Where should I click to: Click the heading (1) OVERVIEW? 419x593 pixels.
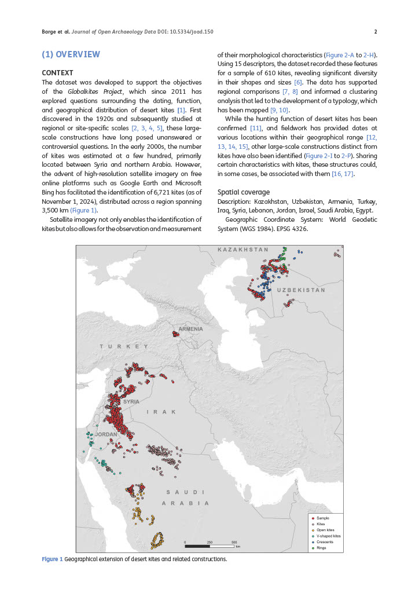[x=71, y=54]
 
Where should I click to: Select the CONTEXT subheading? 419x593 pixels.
[x=58, y=73]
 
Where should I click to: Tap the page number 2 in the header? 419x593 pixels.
[x=376, y=32]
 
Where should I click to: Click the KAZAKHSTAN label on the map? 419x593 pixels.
[x=243, y=250]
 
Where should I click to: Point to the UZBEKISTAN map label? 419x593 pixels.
[x=301, y=290]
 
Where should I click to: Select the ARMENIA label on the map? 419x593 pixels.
[x=191, y=329]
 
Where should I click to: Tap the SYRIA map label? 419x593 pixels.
[x=131, y=401]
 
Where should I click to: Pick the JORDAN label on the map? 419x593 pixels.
[x=106, y=434]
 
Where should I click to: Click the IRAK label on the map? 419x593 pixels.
[x=160, y=412]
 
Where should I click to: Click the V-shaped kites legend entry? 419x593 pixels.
[x=329, y=536]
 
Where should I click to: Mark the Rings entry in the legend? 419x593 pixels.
[x=322, y=548]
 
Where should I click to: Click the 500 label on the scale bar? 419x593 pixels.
[x=234, y=542]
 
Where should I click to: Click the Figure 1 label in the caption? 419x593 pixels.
[x=52, y=559]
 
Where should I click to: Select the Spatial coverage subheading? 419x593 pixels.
[x=243, y=192]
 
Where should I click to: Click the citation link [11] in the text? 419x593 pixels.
[x=256, y=127]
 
